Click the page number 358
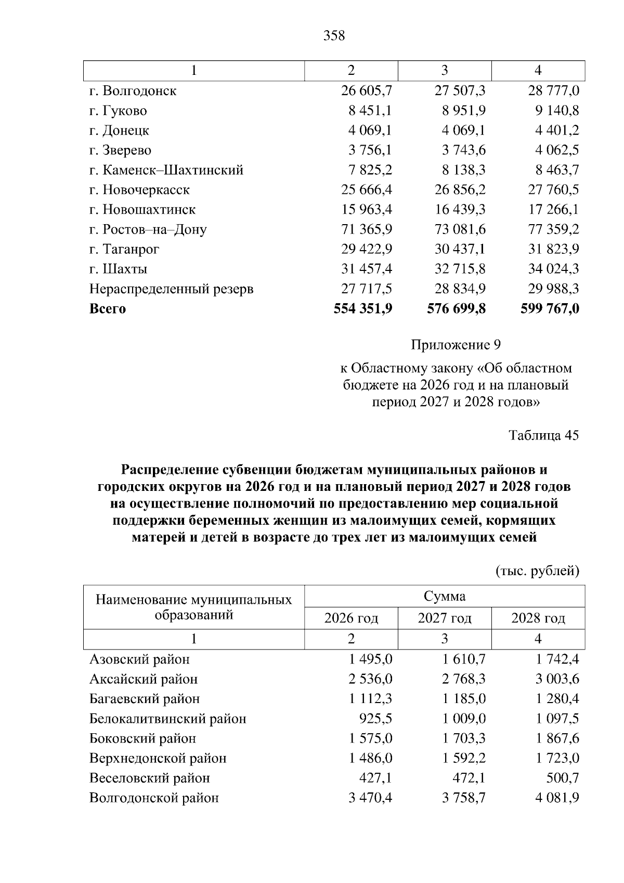coord(334,36)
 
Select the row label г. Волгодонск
coord(133,91)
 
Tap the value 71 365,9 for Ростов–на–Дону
coord(367,229)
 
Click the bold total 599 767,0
coord(550,308)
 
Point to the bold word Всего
coord(108,309)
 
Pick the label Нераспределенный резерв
coord(171,289)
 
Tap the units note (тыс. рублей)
coord(537,571)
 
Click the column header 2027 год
coord(445,618)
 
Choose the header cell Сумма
coord(445,596)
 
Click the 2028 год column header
coord(538,618)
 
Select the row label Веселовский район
coord(150,778)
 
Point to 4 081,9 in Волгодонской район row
coord(557,798)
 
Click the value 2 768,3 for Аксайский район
coord(464,679)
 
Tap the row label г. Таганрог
coord(124,249)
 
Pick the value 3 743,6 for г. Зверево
coord(464,150)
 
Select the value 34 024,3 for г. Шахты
coord(554,269)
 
